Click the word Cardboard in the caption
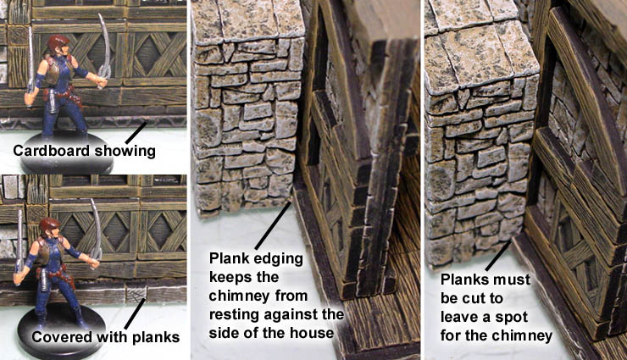pyautogui.click(x=51, y=151)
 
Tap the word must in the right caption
pyautogui.click(x=513, y=280)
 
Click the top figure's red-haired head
pyautogui.click(x=58, y=45)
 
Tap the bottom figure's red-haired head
pyautogui.click(x=49, y=228)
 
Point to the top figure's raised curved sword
pyautogui.click(x=104, y=49)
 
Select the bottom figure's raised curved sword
pyautogui.click(x=96, y=233)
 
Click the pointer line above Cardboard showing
pyautogui.click(x=136, y=132)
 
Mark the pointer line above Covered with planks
pyautogui.click(x=136, y=313)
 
